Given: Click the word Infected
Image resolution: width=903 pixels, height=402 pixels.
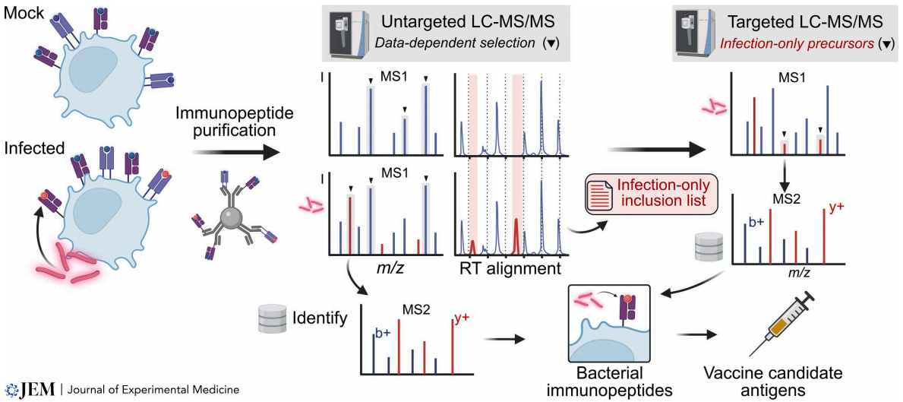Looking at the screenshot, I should point(33,147).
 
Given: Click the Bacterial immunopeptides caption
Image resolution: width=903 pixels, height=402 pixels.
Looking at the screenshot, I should point(611,381).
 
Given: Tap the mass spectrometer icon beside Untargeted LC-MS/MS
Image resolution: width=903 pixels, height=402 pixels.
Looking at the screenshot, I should point(344,33).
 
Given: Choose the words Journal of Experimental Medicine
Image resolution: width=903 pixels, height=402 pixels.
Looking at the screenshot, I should point(154,390).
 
